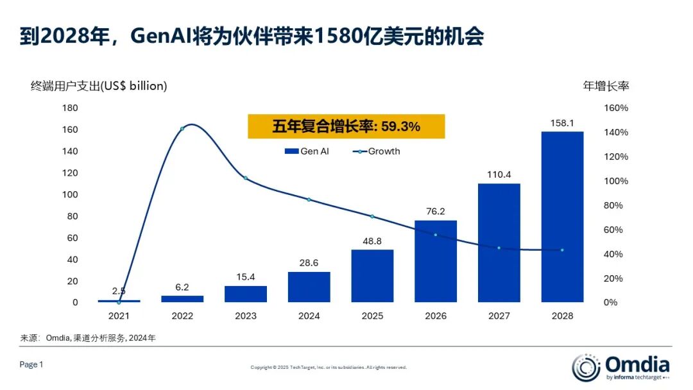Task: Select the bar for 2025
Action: pos(372,276)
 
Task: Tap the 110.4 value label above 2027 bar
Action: pos(499,174)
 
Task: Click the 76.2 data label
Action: pos(436,210)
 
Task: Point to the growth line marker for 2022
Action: pos(182,129)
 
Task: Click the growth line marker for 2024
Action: pos(309,199)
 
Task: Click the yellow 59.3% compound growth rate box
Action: pos(346,127)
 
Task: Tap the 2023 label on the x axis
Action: pos(245,316)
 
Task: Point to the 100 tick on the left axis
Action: pos(70,194)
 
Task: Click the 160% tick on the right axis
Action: pos(616,108)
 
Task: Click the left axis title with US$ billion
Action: pos(99,85)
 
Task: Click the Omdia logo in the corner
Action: pos(620,367)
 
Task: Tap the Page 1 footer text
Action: pos(31,364)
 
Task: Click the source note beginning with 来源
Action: pos(88,337)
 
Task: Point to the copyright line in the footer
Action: pos(329,368)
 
